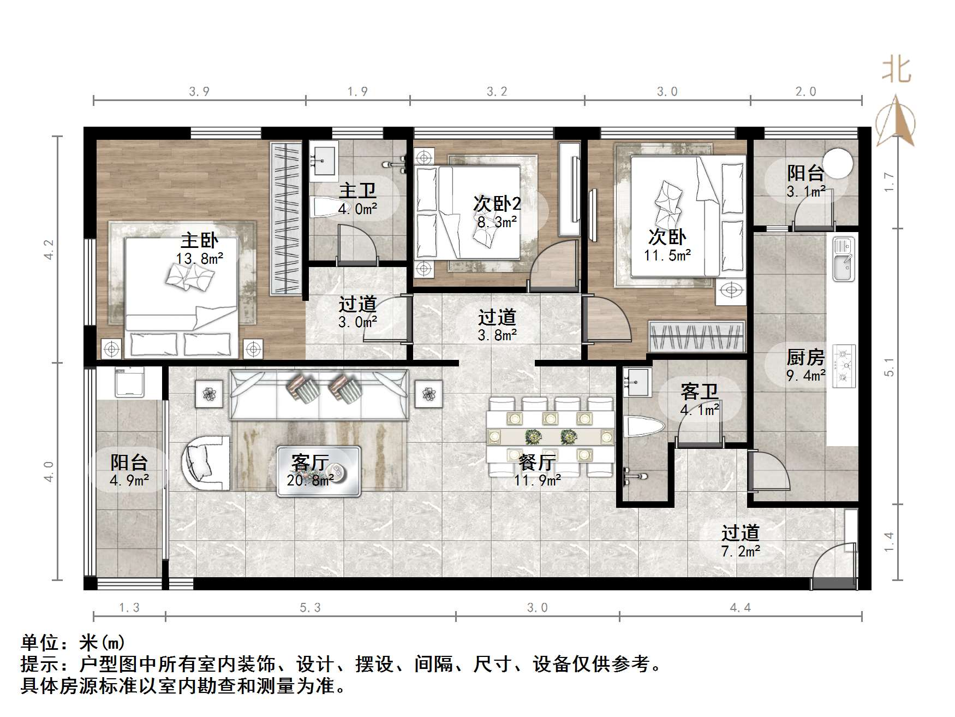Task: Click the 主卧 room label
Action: coord(199,241)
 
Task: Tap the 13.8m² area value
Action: coord(199,258)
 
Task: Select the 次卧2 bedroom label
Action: coord(497,204)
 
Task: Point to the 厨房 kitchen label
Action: coord(805,358)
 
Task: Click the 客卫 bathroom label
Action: coord(699,392)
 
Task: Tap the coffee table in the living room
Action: coord(319,471)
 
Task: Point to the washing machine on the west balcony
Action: coord(129,382)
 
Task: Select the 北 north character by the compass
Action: coord(897,70)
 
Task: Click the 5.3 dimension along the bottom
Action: coord(310,608)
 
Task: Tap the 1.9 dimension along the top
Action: coord(357,92)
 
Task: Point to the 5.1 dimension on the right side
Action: coord(890,367)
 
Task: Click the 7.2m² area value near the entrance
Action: coord(740,552)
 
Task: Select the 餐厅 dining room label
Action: coord(537,463)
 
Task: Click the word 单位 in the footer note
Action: coord(39,643)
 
